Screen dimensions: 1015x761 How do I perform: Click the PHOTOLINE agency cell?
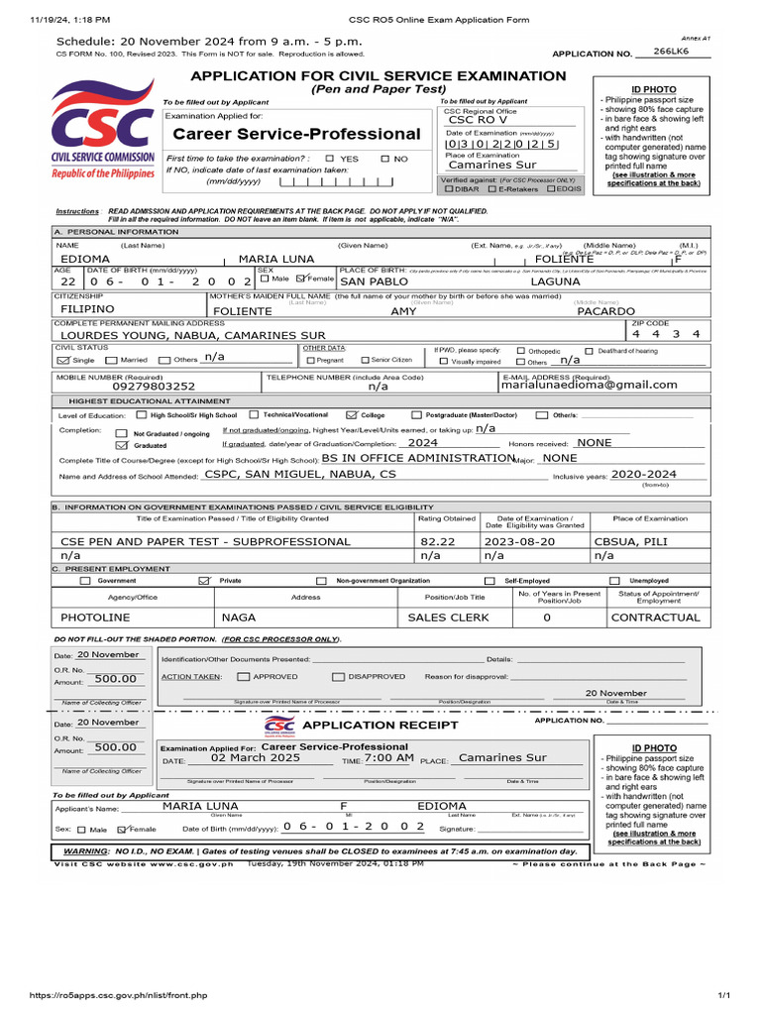tap(95, 617)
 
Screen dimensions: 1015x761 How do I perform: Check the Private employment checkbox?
tap(205, 581)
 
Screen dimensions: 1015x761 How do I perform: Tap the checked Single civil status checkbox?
tap(64, 360)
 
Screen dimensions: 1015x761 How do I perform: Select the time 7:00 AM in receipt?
tap(389, 757)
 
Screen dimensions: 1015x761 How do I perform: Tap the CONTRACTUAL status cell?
tap(655, 617)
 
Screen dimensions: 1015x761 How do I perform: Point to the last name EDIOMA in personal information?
tap(86, 258)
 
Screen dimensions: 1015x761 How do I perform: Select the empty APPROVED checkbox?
tap(244, 676)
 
